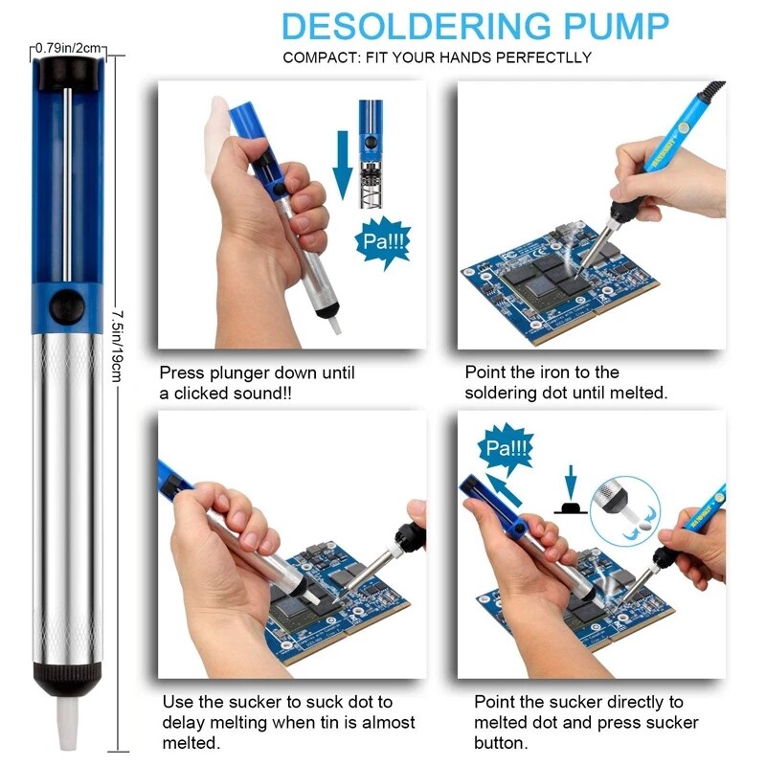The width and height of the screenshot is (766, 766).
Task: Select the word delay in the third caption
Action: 182,723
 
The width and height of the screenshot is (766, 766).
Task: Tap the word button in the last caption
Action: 498,743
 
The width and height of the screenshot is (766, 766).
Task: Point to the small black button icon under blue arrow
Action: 572,507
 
